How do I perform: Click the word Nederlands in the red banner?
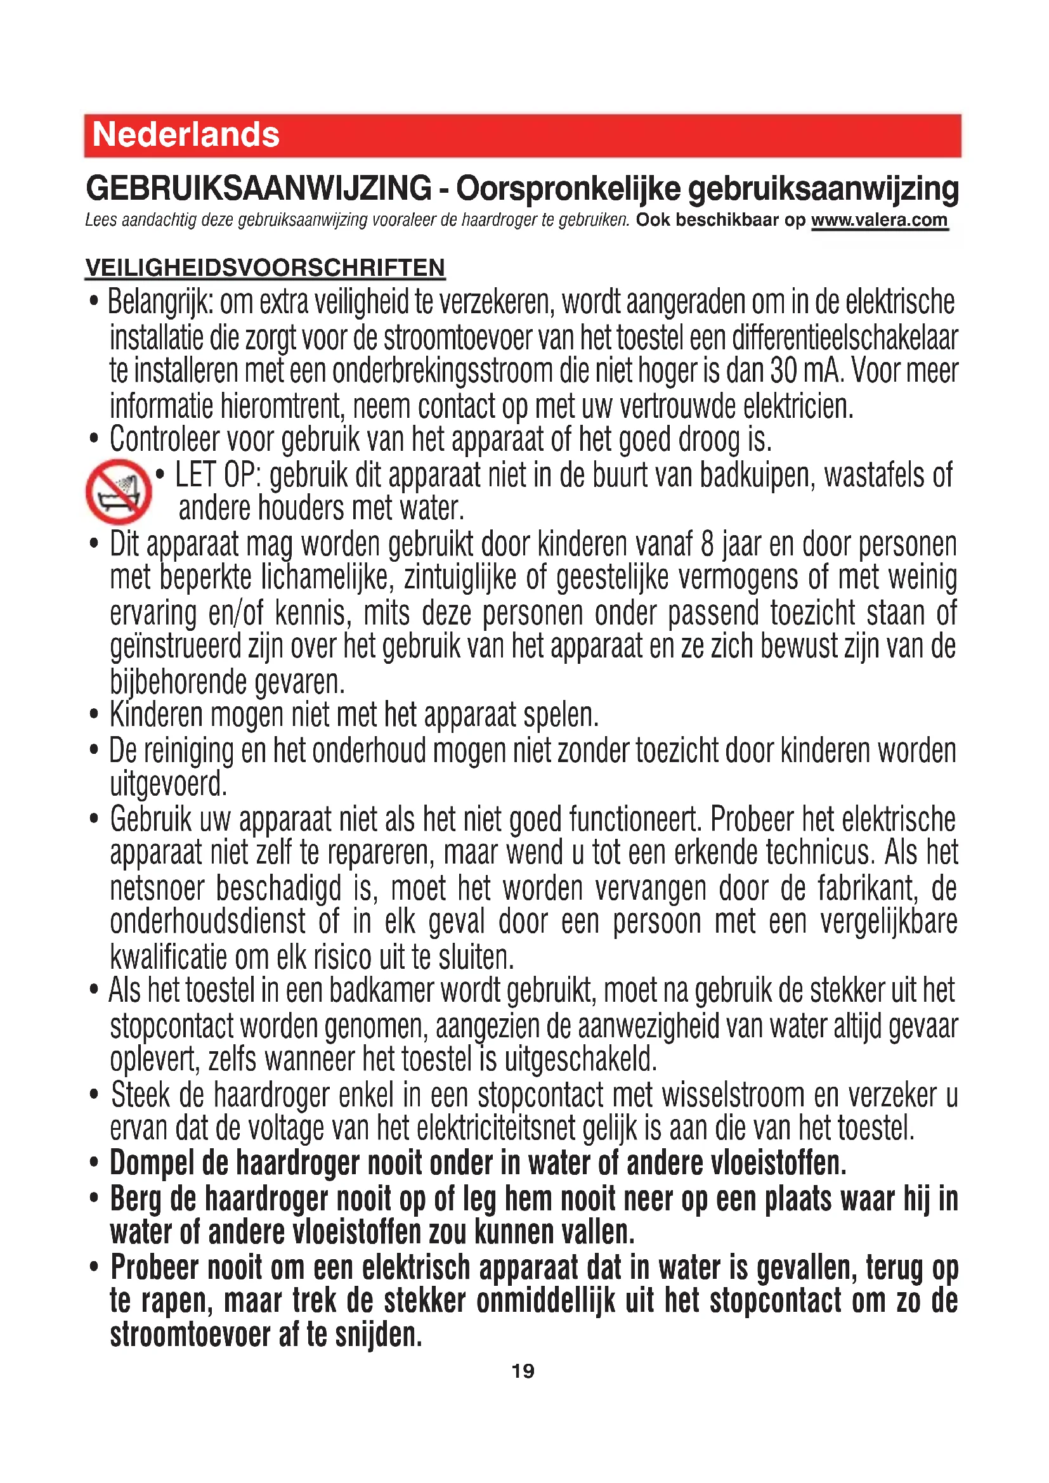tap(186, 135)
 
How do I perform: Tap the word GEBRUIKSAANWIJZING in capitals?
tap(258, 188)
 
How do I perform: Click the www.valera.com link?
tap(879, 220)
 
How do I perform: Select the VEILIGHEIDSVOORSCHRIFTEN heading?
tap(265, 268)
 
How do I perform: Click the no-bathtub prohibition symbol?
tap(118, 491)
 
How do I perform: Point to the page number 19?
tap(523, 1371)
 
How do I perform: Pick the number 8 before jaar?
tap(707, 544)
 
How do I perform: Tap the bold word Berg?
tap(135, 1200)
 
